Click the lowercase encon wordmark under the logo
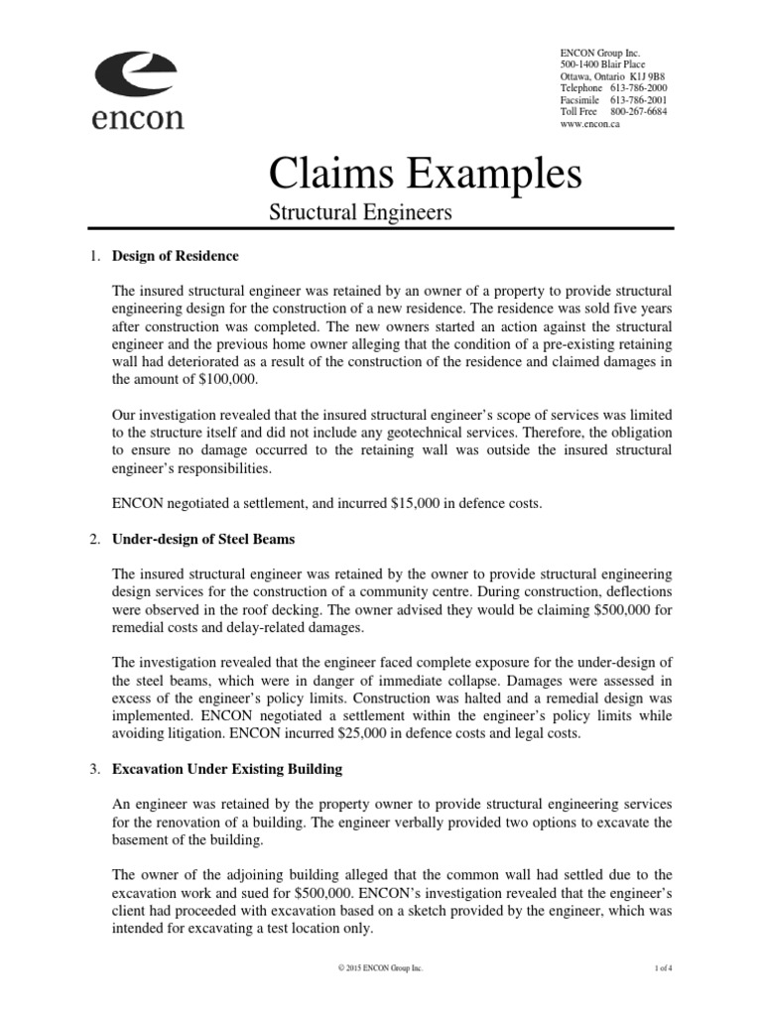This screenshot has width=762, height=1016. point(138,118)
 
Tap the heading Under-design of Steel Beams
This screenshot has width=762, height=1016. point(203,539)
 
